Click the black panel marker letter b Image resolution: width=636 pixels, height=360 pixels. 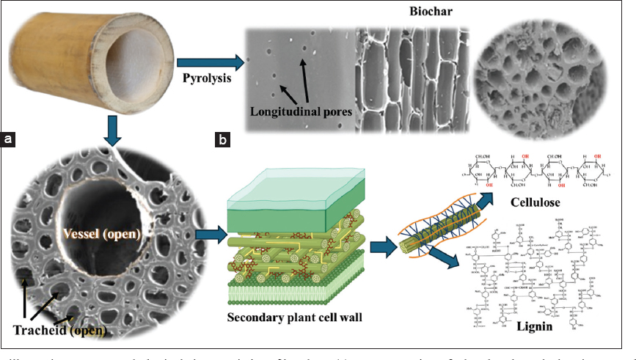point(222,138)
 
